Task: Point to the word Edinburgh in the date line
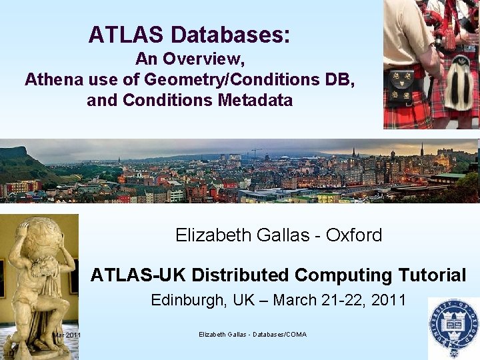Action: tap(189, 300)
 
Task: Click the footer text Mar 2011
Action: tap(67, 335)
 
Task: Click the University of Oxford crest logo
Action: tap(455, 327)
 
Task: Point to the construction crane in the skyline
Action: tap(255, 153)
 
